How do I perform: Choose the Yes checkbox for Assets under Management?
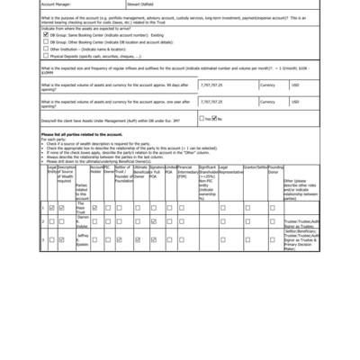(205, 144)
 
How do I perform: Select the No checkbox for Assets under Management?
(218, 144)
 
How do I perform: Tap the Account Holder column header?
(96, 193)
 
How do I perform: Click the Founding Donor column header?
(275, 193)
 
